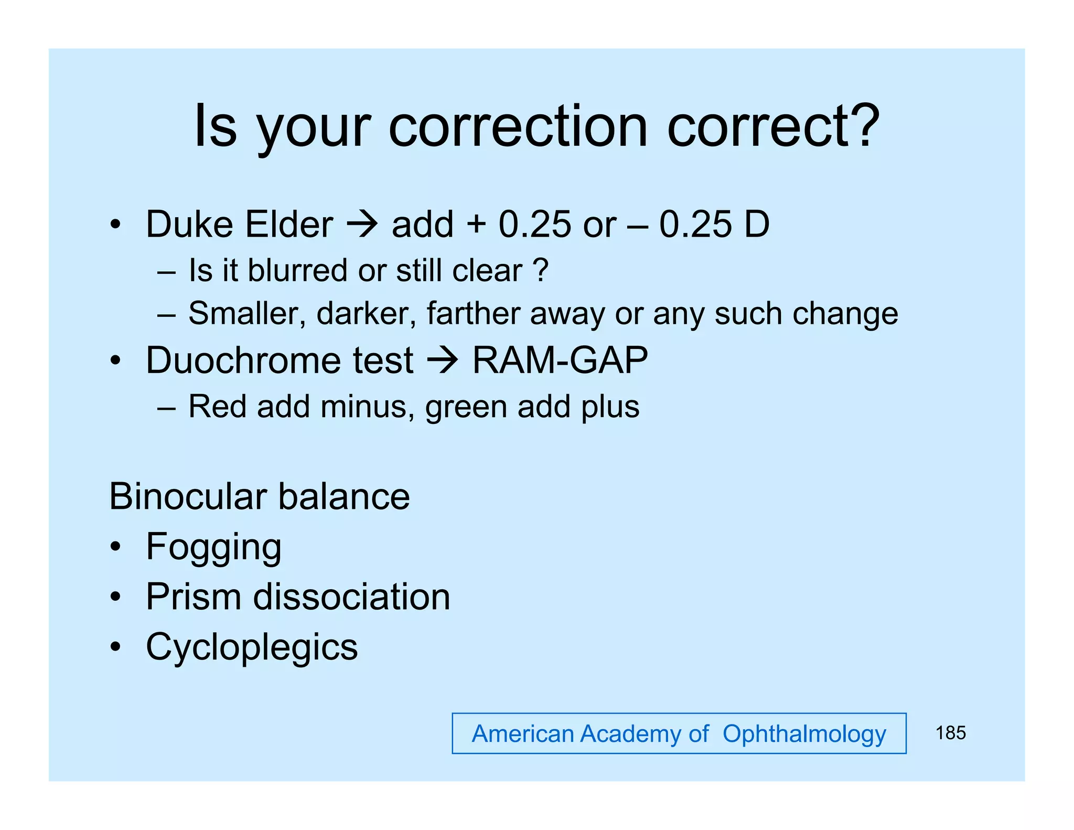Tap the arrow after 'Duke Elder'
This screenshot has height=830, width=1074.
tap(362, 225)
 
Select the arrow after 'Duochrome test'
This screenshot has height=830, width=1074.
tap(443, 361)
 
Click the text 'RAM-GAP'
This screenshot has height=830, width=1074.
tap(560, 360)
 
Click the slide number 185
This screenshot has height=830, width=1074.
tap(950, 733)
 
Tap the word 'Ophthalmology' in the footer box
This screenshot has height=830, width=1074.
tap(804, 734)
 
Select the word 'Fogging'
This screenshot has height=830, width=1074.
tap(213, 547)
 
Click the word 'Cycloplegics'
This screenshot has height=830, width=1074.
tap(252, 647)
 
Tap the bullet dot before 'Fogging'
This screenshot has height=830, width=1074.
tap(115, 547)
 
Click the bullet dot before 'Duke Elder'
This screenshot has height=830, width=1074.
tap(115, 225)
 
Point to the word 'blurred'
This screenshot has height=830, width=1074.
tap(297, 271)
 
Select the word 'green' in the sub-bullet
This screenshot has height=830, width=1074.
tap(466, 407)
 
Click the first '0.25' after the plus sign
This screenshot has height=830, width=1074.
tap(534, 225)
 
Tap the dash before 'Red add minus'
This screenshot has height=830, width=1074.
tap(166, 408)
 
